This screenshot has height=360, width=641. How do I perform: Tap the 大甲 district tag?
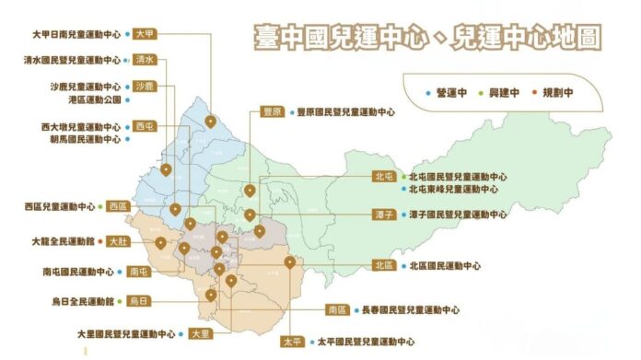pos(144,33)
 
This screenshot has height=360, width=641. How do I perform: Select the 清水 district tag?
pos(144,59)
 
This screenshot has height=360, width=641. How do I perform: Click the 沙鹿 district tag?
pos(144,86)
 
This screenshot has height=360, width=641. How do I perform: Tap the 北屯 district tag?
pos(384,176)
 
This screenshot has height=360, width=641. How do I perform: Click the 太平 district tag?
pos(293,342)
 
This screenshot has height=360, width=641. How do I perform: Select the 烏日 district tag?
pos(138,301)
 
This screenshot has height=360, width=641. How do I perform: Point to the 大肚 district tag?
pos(118,241)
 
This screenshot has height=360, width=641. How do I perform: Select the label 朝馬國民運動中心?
pos(86,139)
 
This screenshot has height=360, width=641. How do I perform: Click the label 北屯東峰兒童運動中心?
pos(452,189)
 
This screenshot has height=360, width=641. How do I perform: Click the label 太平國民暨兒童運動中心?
pos(366,342)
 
